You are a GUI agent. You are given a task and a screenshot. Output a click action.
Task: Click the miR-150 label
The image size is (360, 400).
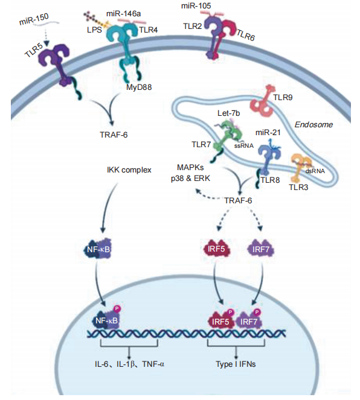[34, 19]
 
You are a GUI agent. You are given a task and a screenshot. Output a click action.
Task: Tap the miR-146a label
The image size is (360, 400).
[123, 13]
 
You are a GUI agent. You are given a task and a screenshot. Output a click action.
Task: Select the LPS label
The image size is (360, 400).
[94, 30]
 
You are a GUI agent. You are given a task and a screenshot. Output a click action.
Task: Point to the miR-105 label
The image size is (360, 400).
[196, 5]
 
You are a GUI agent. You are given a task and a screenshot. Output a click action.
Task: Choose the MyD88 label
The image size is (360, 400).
[139, 87]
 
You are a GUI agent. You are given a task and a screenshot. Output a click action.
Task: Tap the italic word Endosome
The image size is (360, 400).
[313, 124]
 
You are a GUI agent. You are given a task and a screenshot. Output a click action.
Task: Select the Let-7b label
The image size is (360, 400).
[228, 113]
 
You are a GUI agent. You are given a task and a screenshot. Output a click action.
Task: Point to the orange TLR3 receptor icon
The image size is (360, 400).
[301, 167]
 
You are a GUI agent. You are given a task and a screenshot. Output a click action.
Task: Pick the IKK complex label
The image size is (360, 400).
[129, 170]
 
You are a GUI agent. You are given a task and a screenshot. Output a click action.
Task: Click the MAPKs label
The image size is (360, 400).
[190, 168]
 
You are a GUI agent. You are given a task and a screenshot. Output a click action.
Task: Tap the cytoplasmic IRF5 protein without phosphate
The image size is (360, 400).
[216, 249]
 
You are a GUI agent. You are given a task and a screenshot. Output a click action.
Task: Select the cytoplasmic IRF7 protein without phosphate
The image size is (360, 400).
[260, 249]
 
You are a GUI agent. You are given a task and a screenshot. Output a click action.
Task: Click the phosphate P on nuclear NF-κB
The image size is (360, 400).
[117, 308]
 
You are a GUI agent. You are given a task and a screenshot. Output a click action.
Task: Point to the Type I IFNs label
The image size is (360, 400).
[236, 364]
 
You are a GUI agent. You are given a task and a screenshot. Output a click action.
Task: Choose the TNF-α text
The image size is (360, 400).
[153, 364]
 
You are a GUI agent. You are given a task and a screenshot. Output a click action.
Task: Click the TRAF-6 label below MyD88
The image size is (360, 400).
[114, 135]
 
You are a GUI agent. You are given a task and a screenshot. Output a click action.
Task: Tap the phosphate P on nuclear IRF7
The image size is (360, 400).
[257, 312]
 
